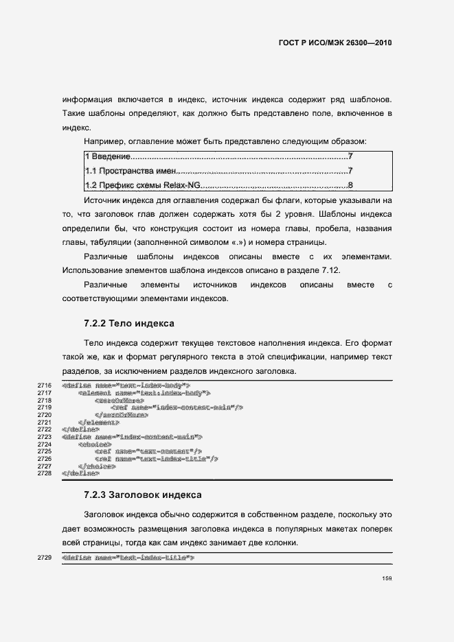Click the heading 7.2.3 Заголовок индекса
point(142,493)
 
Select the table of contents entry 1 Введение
point(108,157)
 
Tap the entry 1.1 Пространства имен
point(131,171)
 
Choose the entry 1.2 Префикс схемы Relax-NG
point(141,185)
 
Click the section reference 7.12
point(330,270)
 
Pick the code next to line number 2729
point(128,558)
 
